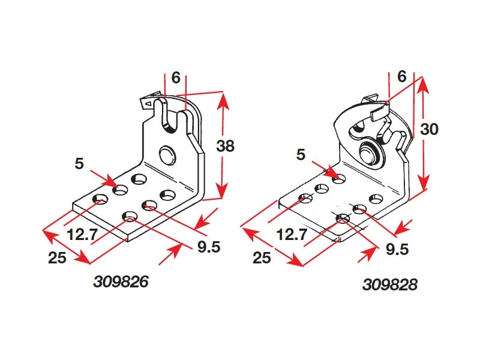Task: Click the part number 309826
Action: [x=121, y=281]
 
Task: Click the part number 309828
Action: [x=389, y=284]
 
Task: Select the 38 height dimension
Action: [x=226, y=146]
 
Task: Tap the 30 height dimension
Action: [x=429, y=129]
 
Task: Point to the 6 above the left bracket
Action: [x=176, y=78]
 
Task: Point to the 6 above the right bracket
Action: [x=402, y=76]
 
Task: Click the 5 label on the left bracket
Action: [x=79, y=163]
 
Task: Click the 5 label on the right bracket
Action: [x=301, y=154]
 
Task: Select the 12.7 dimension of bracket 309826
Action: [x=82, y=235]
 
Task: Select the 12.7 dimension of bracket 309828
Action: [x=292, y=235]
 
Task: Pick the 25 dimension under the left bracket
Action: [x=57, y=257]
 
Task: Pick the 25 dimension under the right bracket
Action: [x=262, y=257]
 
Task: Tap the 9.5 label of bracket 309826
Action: [x=209, y=247]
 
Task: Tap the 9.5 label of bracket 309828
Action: [x=397, y=249]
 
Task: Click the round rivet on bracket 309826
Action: [x=167, y=155]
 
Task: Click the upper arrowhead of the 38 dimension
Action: [x=223, y=101]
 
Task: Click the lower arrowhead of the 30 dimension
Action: [x=424, y=183]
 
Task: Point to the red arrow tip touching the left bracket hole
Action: [x=117, y=186]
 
